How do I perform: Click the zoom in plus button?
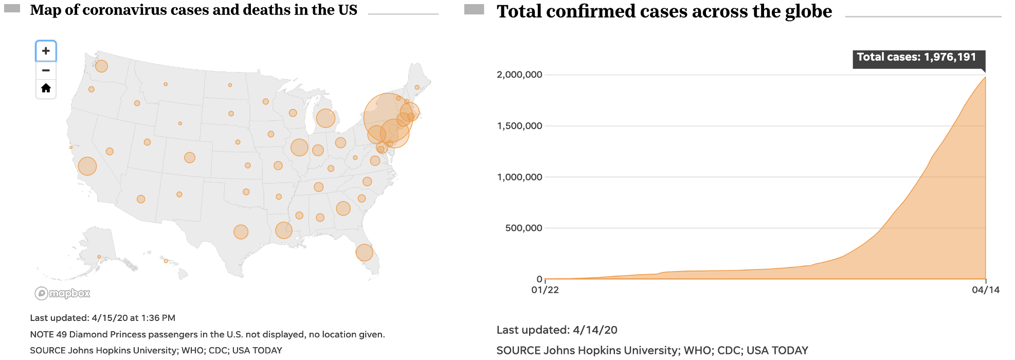[x=46, y=51]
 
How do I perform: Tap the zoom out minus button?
[x=46, y=70]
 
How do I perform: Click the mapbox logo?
[x=62, y=293]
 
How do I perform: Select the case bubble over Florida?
[x=364, y=253]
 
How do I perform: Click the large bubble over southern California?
[x=87, y=166]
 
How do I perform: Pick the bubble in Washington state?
[x=101, y=66]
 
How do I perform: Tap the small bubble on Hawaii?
[x=166, y=261]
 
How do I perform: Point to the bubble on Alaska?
[x=99, y=257]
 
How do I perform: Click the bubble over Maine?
[x=417, y=87]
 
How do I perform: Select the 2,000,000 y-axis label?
[x=519, y=75]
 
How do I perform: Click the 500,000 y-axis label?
[x=523, y=228]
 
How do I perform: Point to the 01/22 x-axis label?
[x=545, y=290]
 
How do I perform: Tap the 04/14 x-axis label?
[x=985, y=290]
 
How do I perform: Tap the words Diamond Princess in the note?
[x=107, y=334]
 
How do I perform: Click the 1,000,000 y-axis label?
[x=519, y=177]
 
